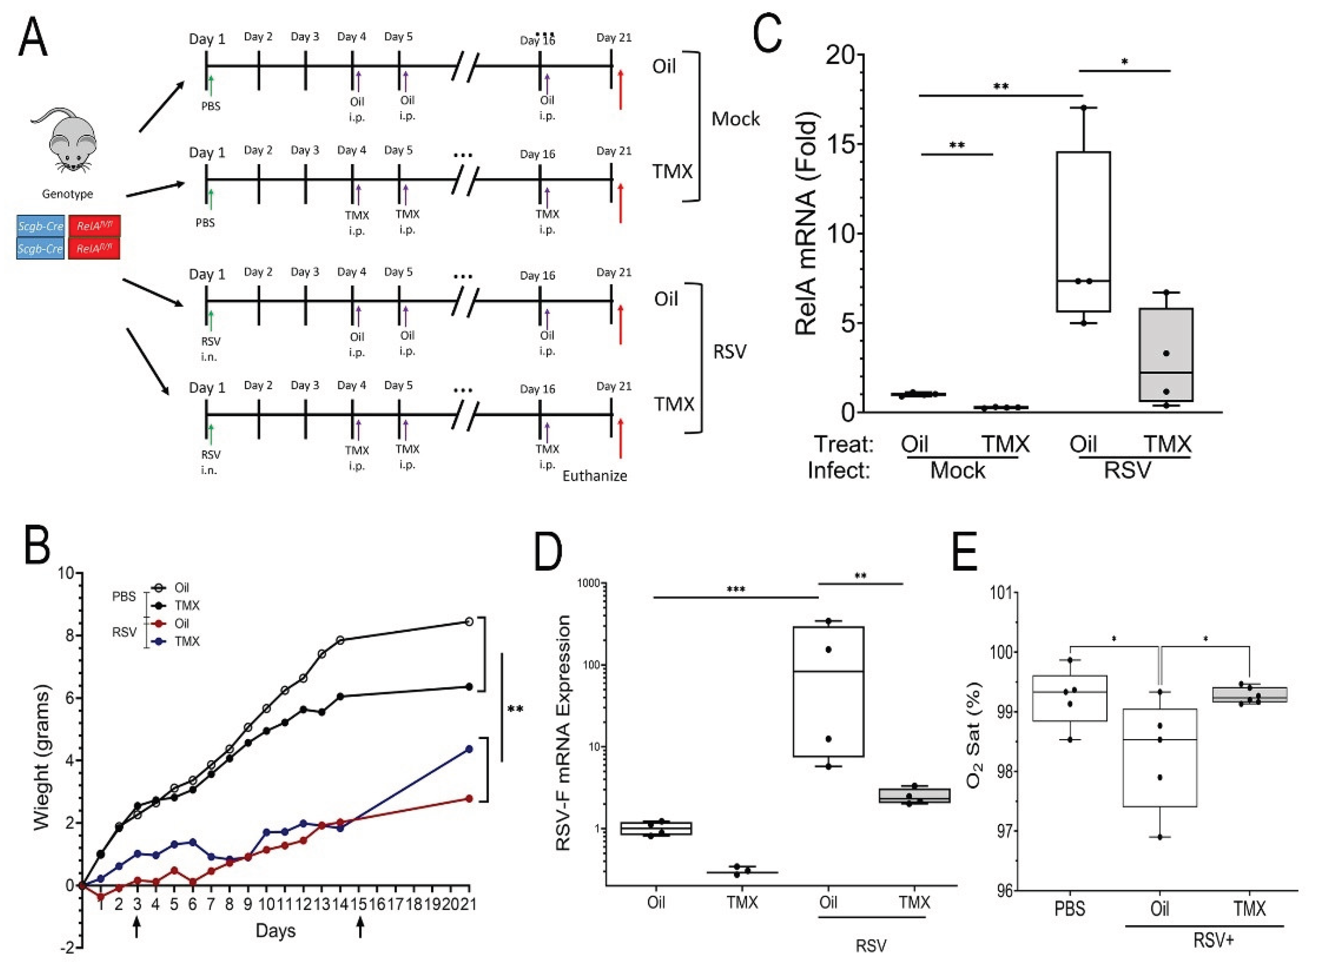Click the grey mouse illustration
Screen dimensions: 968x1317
point(64,141)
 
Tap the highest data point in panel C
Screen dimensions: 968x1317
point(1084,108)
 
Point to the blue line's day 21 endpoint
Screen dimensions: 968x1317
point(469,749)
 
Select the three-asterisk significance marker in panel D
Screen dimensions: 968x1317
point(736,589)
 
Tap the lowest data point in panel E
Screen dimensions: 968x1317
point(1159,837)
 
